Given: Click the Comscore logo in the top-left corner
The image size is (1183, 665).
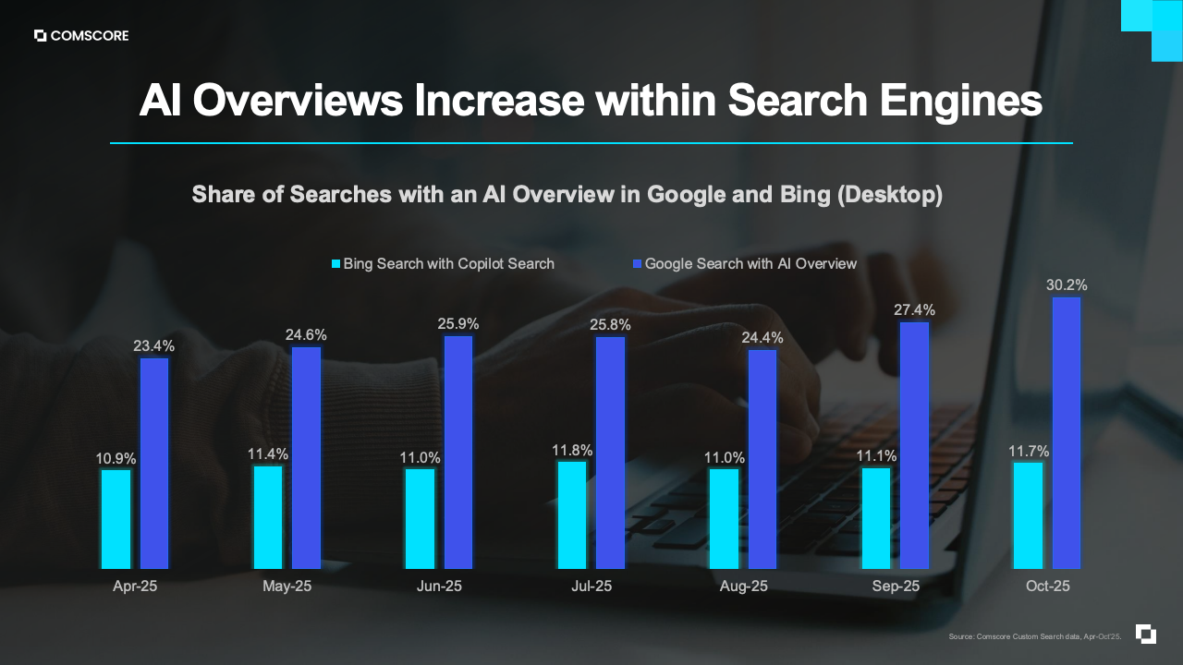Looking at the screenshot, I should point(81,36).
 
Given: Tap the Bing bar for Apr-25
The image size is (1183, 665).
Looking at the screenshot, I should point(116,519).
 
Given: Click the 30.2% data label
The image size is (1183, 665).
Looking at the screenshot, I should point(1067,285).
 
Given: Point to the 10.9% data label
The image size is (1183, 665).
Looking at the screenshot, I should point(116,458).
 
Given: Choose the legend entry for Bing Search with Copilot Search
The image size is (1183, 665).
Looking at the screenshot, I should point(443,264).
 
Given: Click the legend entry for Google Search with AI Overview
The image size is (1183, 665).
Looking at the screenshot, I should point(744,264).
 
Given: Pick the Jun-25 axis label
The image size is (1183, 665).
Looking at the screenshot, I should point(440,586).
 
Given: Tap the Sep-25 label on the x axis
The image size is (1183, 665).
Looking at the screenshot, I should point(896,586).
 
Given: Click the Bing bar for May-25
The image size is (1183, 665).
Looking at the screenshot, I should point(268,517).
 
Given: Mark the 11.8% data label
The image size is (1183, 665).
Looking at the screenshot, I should point(572,451).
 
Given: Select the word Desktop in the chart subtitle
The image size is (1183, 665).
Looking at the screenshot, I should point(895,195).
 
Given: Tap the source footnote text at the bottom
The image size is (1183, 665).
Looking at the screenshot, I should point(1034,636).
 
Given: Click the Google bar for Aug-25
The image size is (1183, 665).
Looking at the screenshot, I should point(762,459).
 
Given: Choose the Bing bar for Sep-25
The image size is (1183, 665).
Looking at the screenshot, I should point(876,518).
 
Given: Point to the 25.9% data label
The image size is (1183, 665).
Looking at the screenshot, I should point(458,324).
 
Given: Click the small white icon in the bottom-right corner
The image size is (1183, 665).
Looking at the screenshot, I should point(1146,635).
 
